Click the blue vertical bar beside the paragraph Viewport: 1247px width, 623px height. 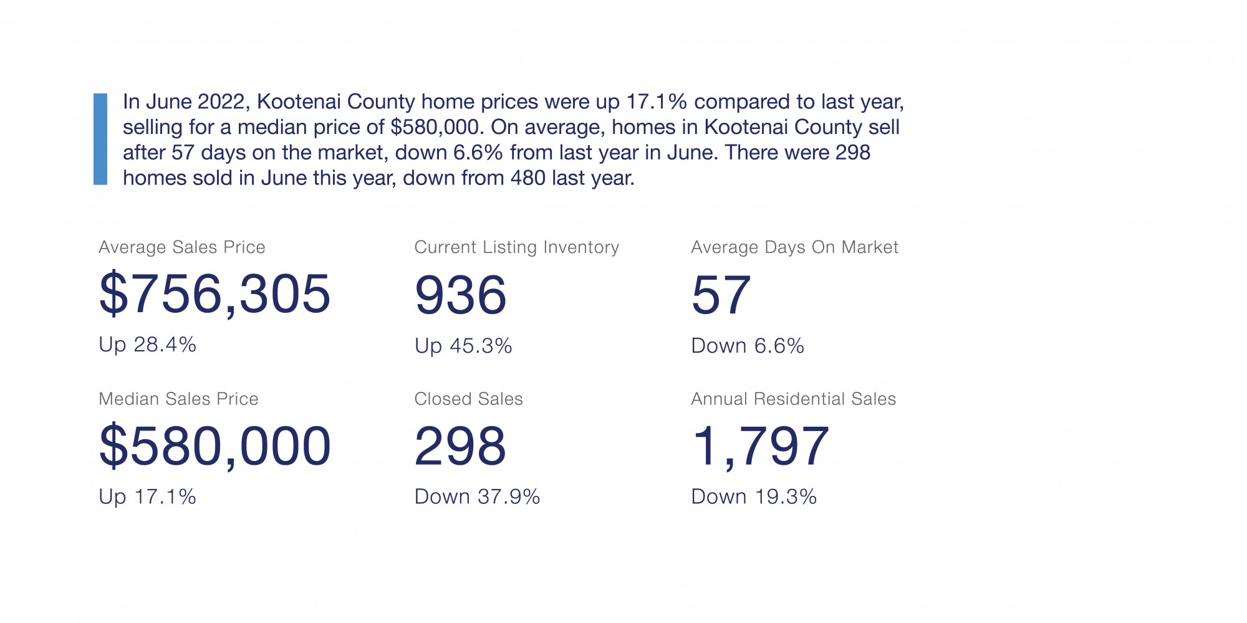[x=100, y=139]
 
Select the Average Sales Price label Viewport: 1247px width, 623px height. [x=182, y=247]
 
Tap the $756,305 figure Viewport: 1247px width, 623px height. [x=214, y=294]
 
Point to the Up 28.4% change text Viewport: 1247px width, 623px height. [x=147, y=345]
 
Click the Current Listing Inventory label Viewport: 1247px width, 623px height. [x=516, y=247]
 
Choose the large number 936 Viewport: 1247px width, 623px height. [x=460, y=295]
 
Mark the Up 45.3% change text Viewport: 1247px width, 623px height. [x=463, y=346]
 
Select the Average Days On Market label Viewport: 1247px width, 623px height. [x=794, y=247]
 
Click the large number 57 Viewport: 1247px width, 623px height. [x=721, y=295]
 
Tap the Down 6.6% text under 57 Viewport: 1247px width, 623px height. [x=748, y=346]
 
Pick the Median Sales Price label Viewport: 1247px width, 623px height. [x=178, y=399]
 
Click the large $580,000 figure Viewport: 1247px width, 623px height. [x=214, y=446]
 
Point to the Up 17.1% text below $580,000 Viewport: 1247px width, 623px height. [x=147, y=497]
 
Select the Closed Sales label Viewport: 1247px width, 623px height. [x=468, y=399]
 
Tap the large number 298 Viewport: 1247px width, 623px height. [x=460, y=446]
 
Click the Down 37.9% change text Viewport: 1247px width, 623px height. [x=477, y=497]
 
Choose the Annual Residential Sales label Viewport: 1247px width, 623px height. [x=793, y=399]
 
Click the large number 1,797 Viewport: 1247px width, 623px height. [x=760, y=446]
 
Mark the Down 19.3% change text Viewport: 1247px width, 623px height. [x=754, y=497]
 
